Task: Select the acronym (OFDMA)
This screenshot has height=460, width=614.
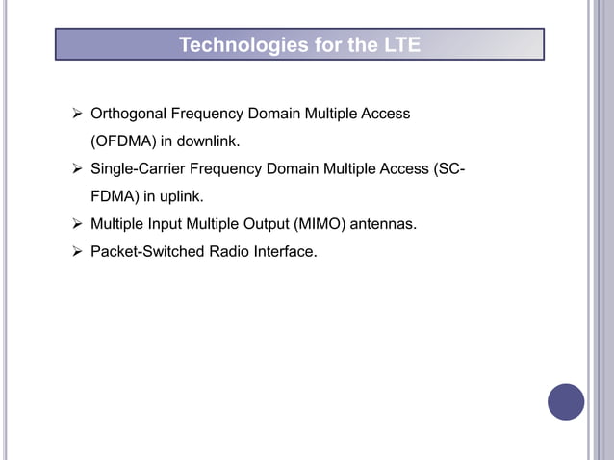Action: [x=122, y=142]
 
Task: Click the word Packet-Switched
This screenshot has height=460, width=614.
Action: [x=143, y=253]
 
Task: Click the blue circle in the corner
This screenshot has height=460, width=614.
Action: [x=566, y=401]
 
